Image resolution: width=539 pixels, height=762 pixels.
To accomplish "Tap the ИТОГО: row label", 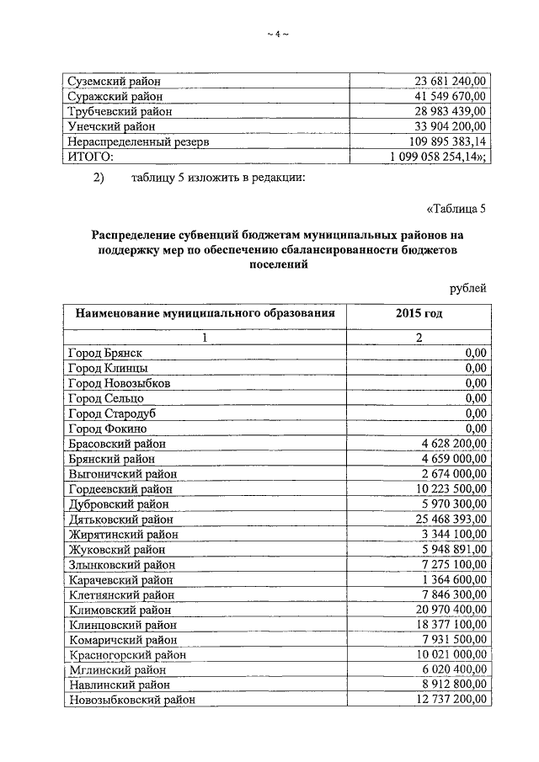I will click(90, 157).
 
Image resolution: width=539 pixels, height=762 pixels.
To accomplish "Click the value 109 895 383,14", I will click(446, 141).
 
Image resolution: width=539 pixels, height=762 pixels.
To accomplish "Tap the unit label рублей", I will click(467, 289).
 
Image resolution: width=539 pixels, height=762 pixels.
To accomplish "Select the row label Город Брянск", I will click(106, 353).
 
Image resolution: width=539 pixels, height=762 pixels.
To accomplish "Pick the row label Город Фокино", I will click(107, 429).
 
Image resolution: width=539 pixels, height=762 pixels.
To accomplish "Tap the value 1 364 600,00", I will click(453, 580).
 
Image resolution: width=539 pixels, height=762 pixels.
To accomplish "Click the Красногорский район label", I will click(127, 655).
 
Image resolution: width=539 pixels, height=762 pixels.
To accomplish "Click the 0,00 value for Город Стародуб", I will click(476, 413).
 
